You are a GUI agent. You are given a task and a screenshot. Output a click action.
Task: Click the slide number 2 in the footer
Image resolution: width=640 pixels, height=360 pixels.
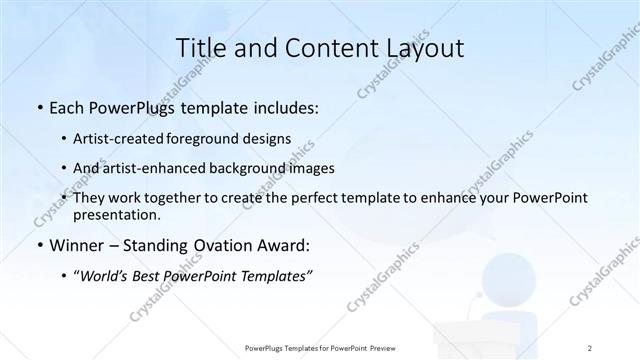(590, 347)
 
